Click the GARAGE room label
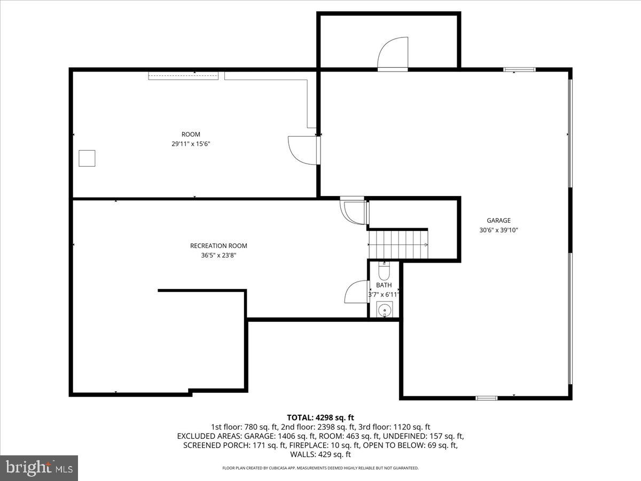[498, 220]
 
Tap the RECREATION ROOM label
[218, 246]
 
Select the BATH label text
[384, 285]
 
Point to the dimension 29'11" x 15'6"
[191, 144]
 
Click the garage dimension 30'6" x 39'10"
[498, 230]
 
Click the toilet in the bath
[384, 272]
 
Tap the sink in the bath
[385, 309]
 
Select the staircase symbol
[398, 244]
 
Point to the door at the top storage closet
[393, 53]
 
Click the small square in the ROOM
[87, 158]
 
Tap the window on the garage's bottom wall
[487, 398]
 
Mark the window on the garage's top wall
[519, 69]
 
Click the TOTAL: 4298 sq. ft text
[320, 417]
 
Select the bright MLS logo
[39, 468]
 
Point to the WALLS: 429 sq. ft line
[320, 455]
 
